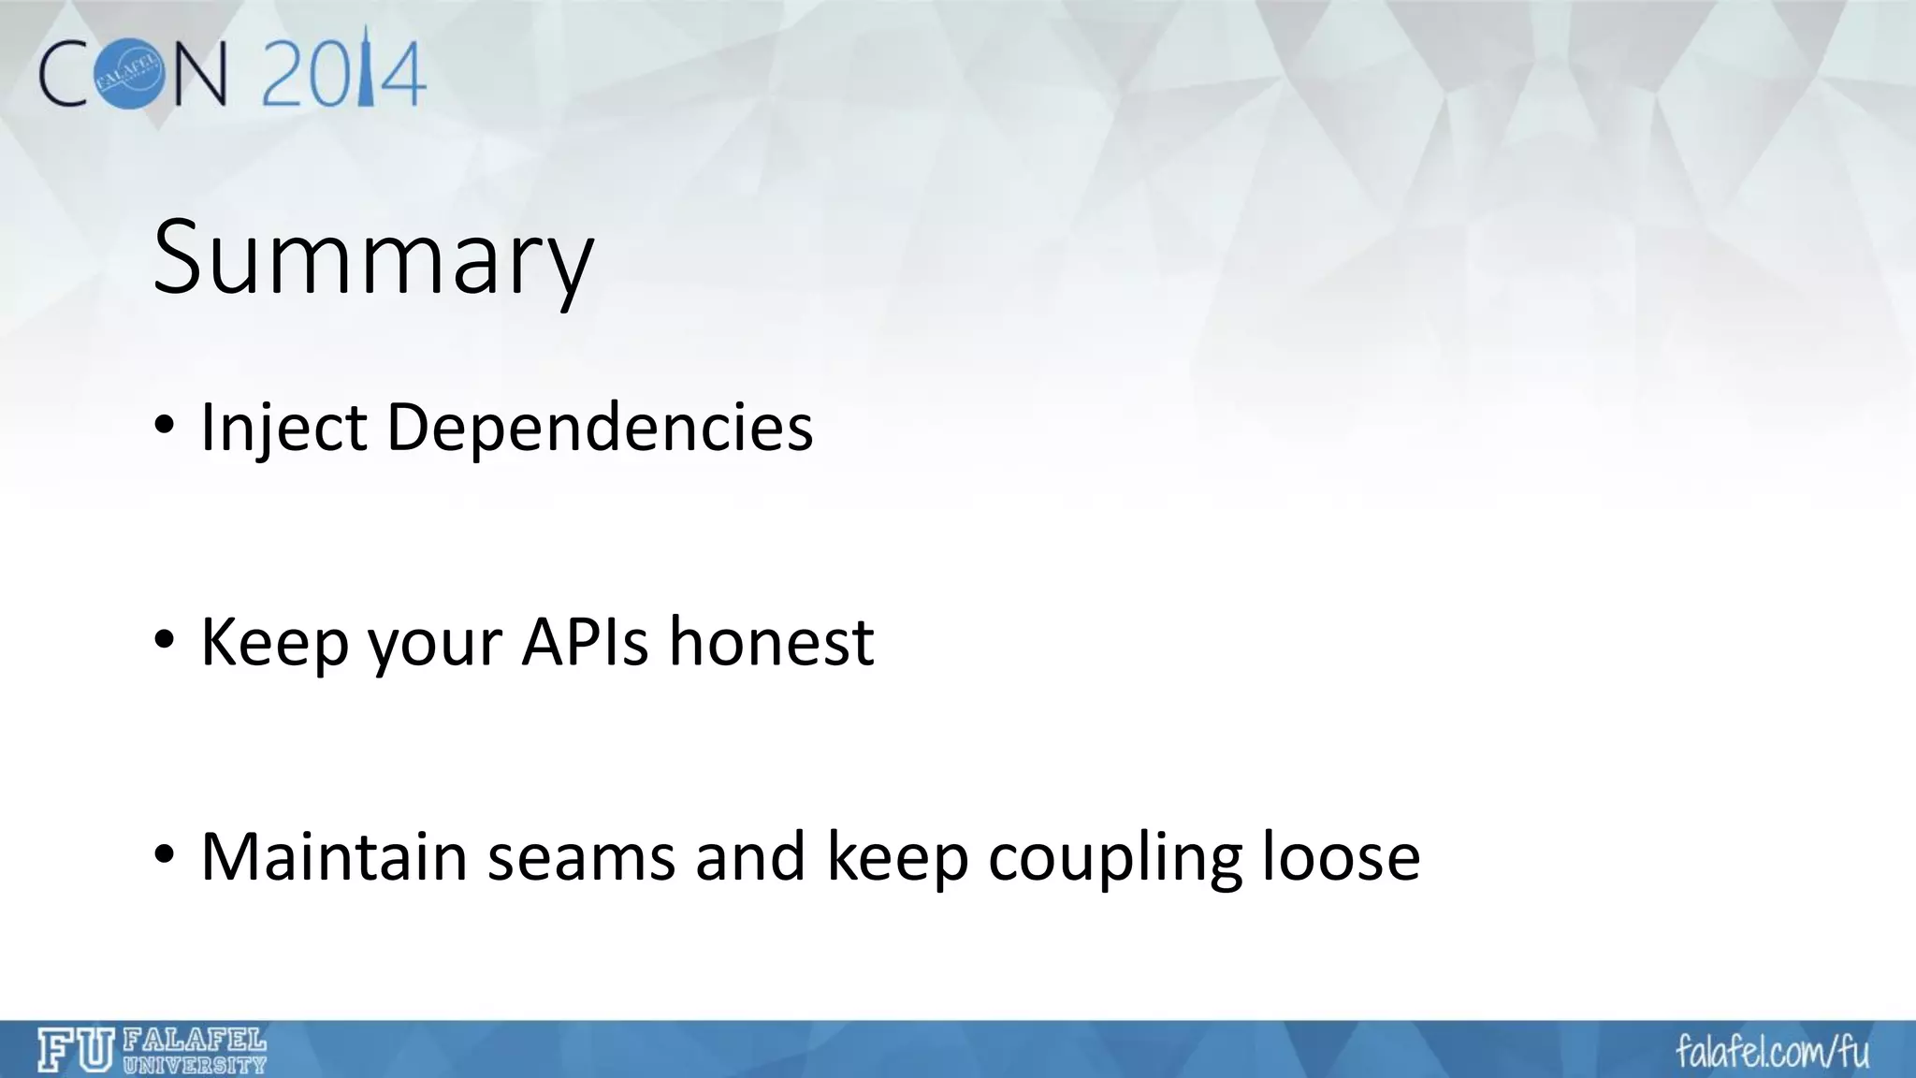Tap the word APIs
click(585, 643)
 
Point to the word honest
click(771, 643)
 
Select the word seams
click(581, 856)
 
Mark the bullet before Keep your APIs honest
click(165, 643)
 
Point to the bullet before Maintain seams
click(165, 856)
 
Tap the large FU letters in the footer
click(77, 1050)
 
